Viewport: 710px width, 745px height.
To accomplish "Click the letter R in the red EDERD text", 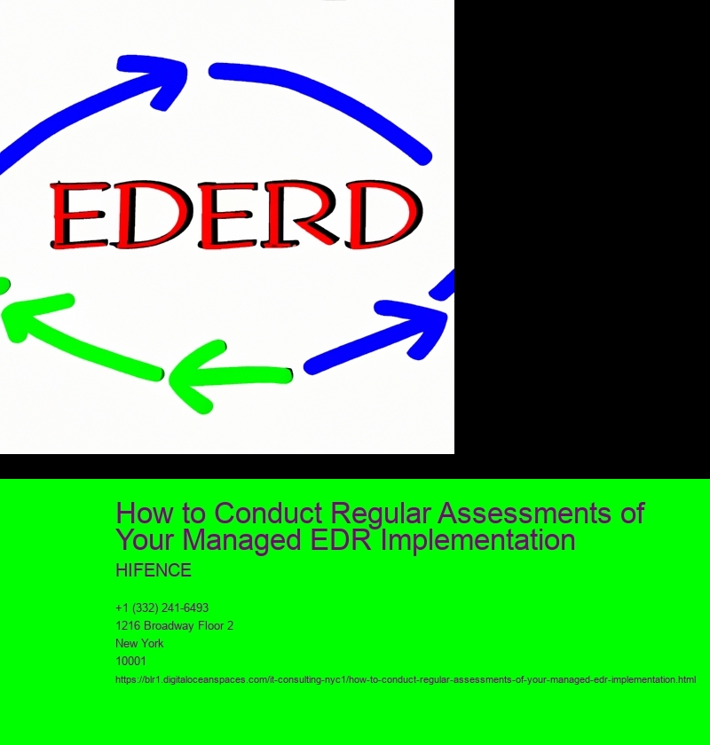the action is click(312, 215).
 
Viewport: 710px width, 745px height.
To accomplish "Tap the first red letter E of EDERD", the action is click(79, 215).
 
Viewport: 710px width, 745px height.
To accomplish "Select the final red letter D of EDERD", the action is click(383, 215).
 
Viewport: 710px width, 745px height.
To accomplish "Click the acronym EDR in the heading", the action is click(346, 540).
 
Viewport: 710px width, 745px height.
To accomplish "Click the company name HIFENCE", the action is click(154, 569).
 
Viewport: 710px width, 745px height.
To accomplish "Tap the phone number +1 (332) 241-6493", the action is click(162, 608).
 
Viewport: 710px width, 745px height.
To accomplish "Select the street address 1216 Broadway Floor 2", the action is click(174, 625).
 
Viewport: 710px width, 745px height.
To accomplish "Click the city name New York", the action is click(139, 643).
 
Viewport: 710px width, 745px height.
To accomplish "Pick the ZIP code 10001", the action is click(130, 661).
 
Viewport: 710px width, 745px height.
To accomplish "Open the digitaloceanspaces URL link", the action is click(406, 679).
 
